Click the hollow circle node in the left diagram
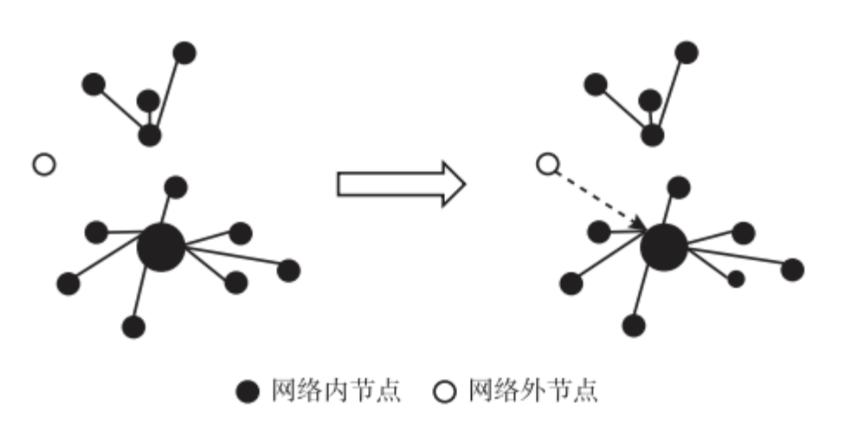click(x=43, y=164)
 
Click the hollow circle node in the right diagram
click(x=546, y=164)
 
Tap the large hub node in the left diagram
click(x=161, y=247)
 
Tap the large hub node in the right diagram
click(x=664, y=247)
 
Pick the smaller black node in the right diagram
click(x=736, y=279)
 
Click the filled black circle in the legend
click(x=248, y=393)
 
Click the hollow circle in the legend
click(x=444, y=393)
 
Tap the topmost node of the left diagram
click(x=184, y=53)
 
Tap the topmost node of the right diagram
click(x=687, y=53)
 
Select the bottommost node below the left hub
click(x=132, y=326)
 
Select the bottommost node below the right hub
click(x=635, y=326)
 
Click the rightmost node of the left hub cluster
click(x=289, y=270)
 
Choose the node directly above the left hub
click(x=176, y=186)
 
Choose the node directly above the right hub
click(x=679, y=186)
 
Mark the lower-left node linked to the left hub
click(x=68, y=283)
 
